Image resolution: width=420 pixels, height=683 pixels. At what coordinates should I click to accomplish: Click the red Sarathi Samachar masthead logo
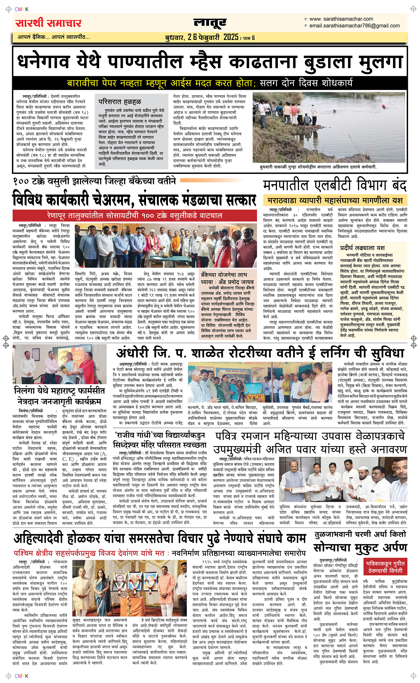[48, 23]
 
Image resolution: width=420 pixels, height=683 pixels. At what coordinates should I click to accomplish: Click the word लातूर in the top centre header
[210, 23]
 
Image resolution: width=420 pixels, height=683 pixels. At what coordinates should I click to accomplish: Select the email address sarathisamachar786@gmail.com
[354, 26]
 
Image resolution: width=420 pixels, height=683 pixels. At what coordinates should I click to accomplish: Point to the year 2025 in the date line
[231, 37]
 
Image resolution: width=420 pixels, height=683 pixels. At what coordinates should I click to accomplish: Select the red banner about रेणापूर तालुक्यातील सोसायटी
[135, 215]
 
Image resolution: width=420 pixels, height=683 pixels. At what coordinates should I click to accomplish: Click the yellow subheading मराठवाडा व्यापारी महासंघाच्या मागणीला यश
[335, 200]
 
